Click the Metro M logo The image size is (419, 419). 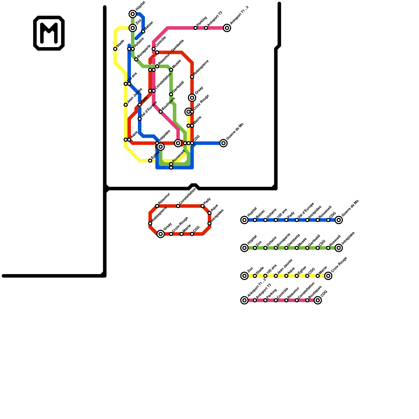point(49,33)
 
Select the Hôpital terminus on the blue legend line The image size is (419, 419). point(244,220)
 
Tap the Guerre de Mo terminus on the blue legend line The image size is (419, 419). point(339,220)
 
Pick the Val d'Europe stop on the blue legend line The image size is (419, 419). point(297,220)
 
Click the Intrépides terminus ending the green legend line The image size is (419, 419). point(339,248)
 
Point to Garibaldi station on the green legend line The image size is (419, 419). point(307,248)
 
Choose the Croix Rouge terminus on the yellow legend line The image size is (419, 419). point(328,276)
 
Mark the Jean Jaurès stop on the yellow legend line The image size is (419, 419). point(276,276)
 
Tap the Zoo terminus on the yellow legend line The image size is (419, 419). point(244,276)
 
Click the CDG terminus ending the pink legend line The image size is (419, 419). point(318,300)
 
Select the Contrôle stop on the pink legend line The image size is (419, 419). point(276,300)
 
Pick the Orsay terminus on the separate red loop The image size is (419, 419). point(161,234)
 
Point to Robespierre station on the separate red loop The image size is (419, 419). point(150,223)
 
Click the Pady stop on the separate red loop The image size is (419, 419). point(202,206)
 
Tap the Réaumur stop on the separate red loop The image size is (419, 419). point(157,206)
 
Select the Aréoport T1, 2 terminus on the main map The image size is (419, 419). point(227,28)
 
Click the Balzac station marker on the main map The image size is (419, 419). point(143,31)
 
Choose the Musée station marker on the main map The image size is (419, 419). point(171,70)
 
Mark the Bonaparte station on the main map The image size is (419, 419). point(136,59)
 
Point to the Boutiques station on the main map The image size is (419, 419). point(161,112)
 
